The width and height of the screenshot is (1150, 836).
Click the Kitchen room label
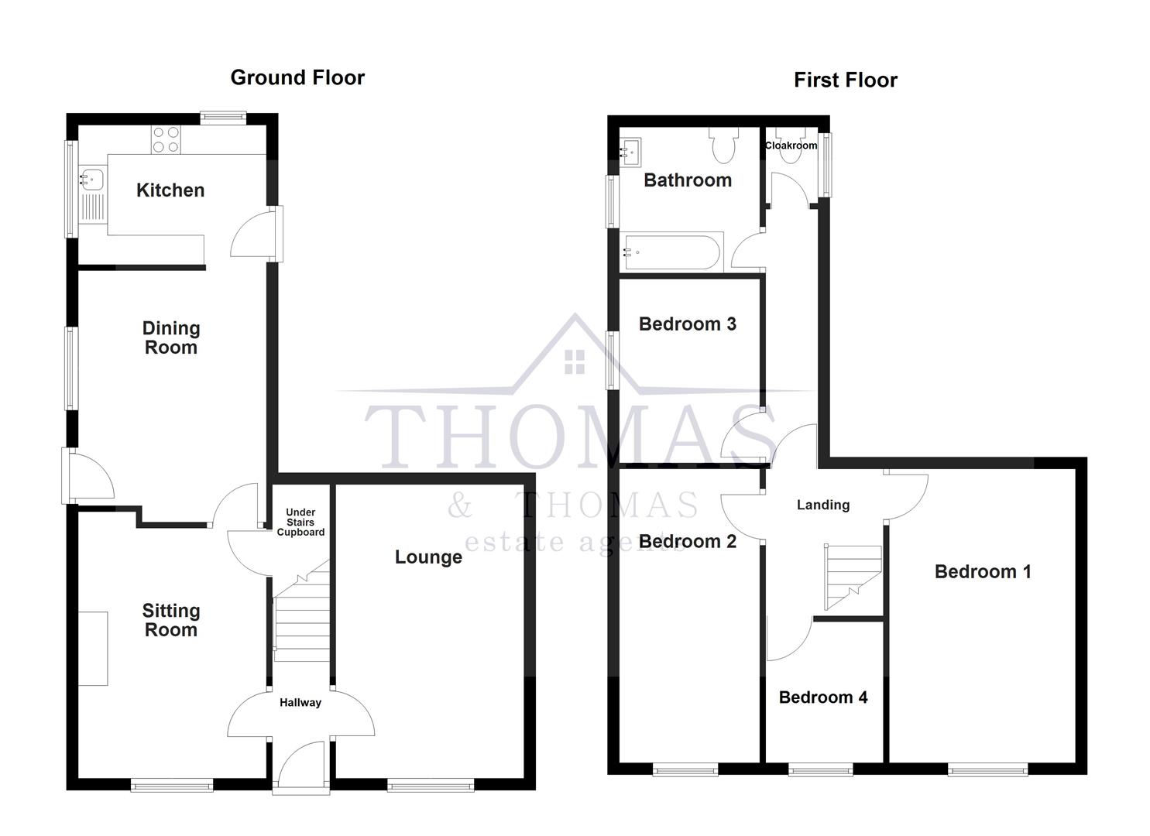[x=170, y=190]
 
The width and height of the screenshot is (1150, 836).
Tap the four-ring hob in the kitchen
[x=166, y=139]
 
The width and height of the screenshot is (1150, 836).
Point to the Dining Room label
[x=171, y=337]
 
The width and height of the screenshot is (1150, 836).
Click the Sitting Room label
[x=171, y=620]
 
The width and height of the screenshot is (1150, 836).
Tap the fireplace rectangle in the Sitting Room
[x=93, y=649]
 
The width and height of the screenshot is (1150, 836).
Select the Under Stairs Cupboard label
[x=300, y=522]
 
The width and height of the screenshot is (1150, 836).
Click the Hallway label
[x=300, y=703]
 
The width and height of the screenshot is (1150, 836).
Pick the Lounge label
[x=428, y=557]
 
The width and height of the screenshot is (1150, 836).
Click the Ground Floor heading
[x=297, y=77]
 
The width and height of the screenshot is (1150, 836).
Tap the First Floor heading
[x=845, y=80]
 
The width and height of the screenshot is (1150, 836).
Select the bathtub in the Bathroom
[x=672, y=252]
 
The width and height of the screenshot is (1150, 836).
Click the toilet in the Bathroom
[x=724, y=145]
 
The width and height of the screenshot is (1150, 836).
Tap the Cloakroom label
[x=791, y=146]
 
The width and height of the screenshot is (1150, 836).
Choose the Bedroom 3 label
[x=687, y=324]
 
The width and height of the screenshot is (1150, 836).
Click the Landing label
[x=823, y=505]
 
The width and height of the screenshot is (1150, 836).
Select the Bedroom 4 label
[x=822, y=697]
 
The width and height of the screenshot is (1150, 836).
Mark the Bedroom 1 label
[x=983, y=571]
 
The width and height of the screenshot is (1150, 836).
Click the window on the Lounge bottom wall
[x=431, y=786]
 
